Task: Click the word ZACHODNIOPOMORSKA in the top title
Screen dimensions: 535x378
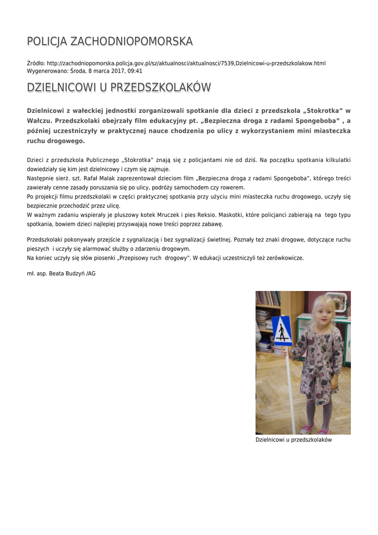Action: coord(131,41)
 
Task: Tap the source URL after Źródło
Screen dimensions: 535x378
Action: coord(186,63)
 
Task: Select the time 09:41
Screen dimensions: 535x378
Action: coord(136,71)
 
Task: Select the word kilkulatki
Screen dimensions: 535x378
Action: coord(337,160)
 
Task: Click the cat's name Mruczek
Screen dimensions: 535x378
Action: coord(160,215)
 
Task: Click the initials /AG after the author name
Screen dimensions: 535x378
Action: coord(91,273)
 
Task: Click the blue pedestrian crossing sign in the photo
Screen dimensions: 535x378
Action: coord(283,330)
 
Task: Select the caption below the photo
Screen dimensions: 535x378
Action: coord(294,440)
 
